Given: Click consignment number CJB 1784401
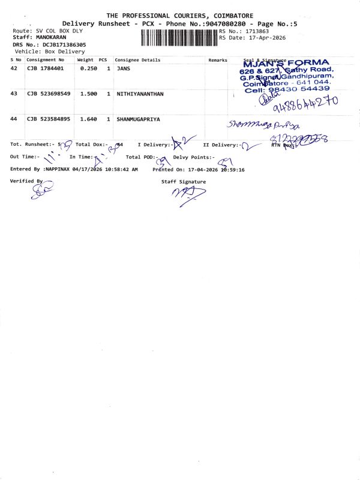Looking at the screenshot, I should pyautogui.click(x=45, y=68).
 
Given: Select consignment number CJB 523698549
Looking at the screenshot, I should pyautogui.click(x=49, y=94).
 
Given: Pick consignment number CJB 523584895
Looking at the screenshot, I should pyautogui.click(x=49, y=119).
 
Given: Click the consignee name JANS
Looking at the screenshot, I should pyautogui.click(x=124, y=68).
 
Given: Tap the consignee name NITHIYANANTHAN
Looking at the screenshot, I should pyautogui.click(x=140, y=94).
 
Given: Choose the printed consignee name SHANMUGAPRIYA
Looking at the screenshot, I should pyautogui.click(x=138, y=119).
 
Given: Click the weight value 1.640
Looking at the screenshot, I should pyautogui.click(x=88, y=119).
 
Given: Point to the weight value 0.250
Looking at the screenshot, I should pyautogui.click(x=88, y=68).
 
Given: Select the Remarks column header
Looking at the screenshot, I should pyautogui.click(x=218, y=60).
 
